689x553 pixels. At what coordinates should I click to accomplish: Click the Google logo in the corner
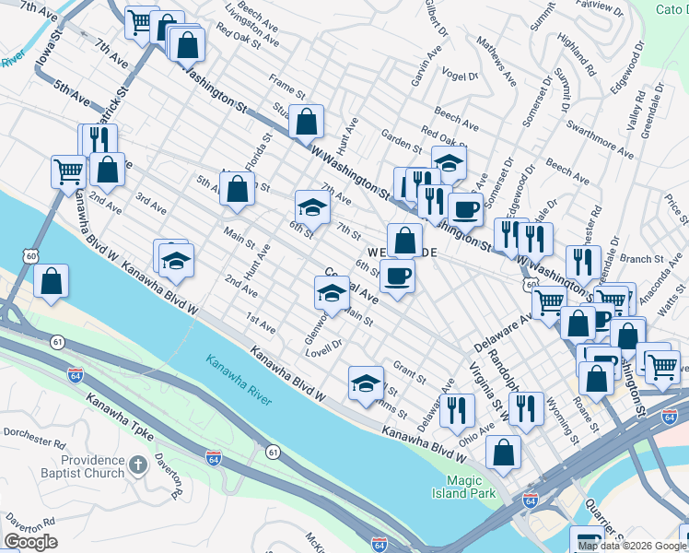pyautogui.click(x=31, y=542)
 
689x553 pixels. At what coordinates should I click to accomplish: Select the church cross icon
pyautogui.click(x=137, y=465)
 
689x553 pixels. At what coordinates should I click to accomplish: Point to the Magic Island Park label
pyautogui.click(x=471, y=487)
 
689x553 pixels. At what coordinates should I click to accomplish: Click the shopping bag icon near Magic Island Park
pyautogui.click(x=503, y=453)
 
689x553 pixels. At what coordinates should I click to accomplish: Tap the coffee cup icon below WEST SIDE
pyautogui.click(x=397, y=276)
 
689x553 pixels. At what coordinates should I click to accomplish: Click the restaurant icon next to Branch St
pyautogui.click(x=582, y=262)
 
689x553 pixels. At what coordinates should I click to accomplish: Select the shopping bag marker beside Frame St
pyautogui.click(x=306, y=120)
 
